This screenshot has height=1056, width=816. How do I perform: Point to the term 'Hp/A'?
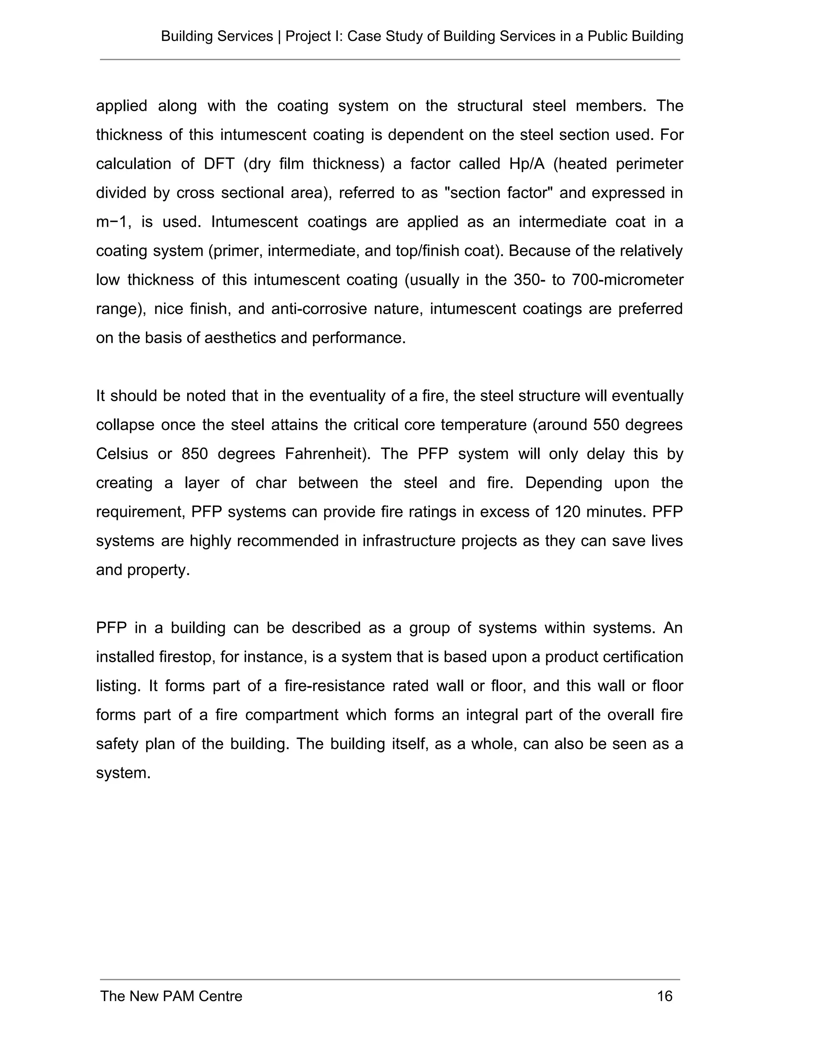coord(526,164)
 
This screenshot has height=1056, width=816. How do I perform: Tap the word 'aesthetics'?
coord(240,338)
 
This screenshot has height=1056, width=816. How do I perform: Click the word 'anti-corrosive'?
coord(319,309)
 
